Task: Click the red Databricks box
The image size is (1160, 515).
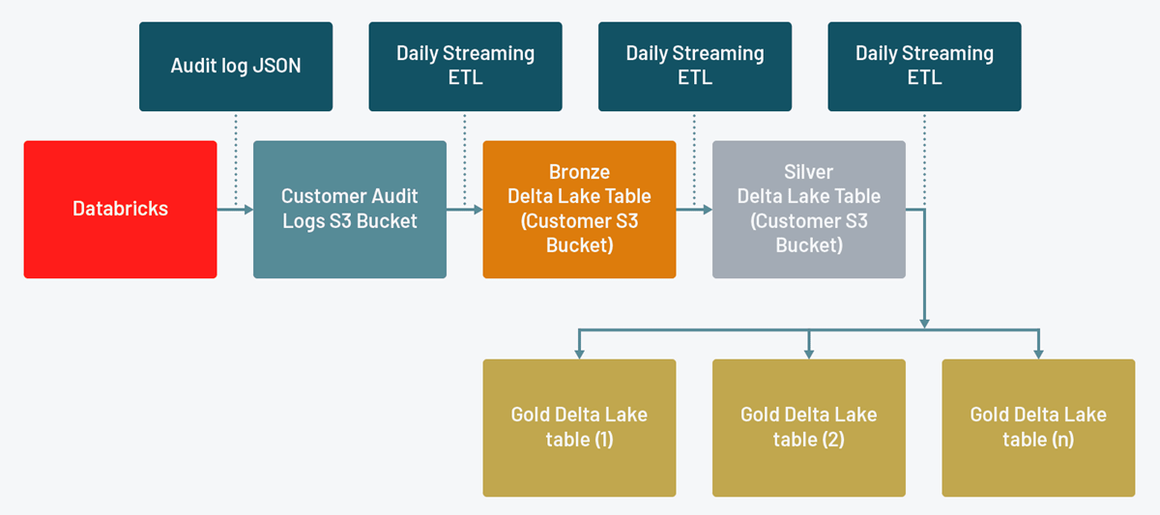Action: click(x=120, y=210)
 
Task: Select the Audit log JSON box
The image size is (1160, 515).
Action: click(x=236, y=67)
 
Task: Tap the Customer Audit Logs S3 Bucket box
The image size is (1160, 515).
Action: click(x=350, y=210)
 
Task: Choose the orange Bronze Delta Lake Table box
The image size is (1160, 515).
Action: click(x=579, y=210)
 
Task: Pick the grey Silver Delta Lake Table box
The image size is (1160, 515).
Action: click(x=808, y=210)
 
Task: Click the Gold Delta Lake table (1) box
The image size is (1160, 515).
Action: click(x=579, y=428)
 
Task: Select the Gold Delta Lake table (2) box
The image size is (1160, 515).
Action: click(x=808, y=428)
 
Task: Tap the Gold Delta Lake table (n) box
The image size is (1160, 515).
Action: click(x=1038, y=428)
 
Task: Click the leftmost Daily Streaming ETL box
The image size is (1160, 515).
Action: click(x=465, y=67)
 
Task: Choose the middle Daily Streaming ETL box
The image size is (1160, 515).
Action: click(x=694, y=67)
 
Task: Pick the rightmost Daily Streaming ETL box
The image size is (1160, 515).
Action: click(x=924, y=67)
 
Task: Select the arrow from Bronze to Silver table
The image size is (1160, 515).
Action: click(x=694, y=209)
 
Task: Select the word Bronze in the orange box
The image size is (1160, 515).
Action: click(x=579, y=172)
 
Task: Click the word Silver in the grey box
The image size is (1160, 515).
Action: click(x=808, y=172)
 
